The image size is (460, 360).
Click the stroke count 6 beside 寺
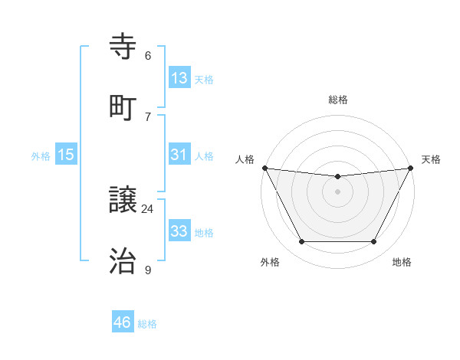tap(148, 56)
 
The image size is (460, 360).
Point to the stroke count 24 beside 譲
tap(148, 209)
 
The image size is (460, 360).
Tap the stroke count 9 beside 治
tap(148, 270)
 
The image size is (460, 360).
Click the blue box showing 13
tap(179, 78)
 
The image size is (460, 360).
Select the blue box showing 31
tap(179, 155)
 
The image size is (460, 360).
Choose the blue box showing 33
tap(179, 231)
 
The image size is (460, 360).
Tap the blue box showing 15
tap(66, 155)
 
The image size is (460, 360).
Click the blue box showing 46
tap(123, 322)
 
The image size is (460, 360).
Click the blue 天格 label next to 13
tap(204, 79)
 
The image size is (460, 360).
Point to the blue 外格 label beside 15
tap(41, 155)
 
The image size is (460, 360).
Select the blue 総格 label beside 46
tap(147, 323)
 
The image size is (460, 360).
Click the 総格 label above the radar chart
tap(337, 100)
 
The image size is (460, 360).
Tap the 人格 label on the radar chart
tap(245, 159)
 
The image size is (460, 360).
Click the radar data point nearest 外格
tap(301, 242)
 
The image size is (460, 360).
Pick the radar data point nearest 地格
tap(374, 242)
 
